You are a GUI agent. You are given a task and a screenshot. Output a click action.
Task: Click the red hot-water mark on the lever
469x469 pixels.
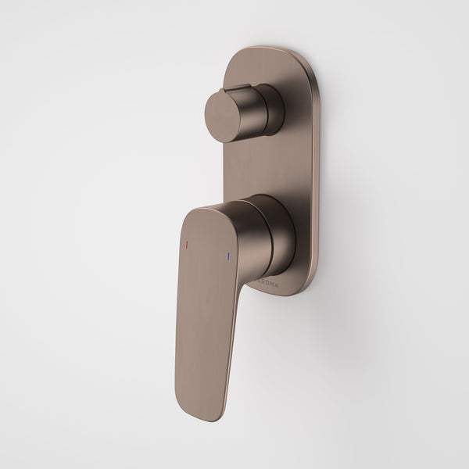pos(186,245)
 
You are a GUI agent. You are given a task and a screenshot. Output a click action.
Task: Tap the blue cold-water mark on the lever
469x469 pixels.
pos(227,255)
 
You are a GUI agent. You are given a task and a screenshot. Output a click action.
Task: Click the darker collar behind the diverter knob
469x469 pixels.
pos(274,109)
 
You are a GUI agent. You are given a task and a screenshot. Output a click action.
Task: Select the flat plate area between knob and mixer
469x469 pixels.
pos(266,168)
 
